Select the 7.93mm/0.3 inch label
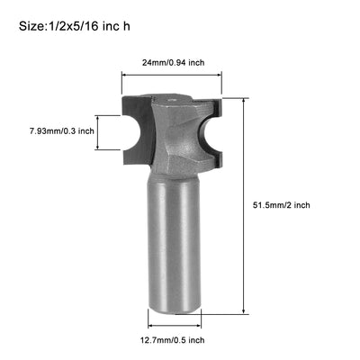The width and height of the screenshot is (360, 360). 61,131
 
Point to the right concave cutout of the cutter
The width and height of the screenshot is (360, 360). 209,130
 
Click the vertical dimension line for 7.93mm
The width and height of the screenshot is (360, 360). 111,131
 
